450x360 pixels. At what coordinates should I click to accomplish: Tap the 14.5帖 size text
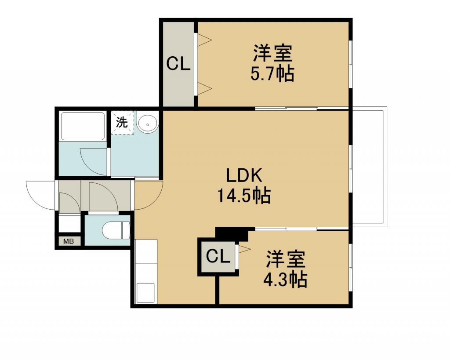coord(244,196)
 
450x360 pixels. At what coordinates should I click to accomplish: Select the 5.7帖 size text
coord(272,74)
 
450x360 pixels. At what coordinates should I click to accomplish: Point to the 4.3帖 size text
coord(285,280)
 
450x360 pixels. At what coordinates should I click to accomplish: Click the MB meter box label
coord(68,241)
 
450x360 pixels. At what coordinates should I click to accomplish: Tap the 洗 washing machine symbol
coord(122,123)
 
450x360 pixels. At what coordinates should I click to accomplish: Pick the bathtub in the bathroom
coord(83,126)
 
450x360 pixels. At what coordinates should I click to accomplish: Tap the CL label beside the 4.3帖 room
coord(218,256)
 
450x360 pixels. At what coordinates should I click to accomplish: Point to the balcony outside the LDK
coord(369,167)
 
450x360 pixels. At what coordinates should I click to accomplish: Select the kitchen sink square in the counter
coord(146,293)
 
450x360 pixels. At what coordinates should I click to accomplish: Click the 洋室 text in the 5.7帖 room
coord(272,53)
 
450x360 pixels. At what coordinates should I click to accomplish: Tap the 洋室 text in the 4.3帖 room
coord(285,259)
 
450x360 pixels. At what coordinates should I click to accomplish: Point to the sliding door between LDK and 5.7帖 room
coord(286,109)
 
